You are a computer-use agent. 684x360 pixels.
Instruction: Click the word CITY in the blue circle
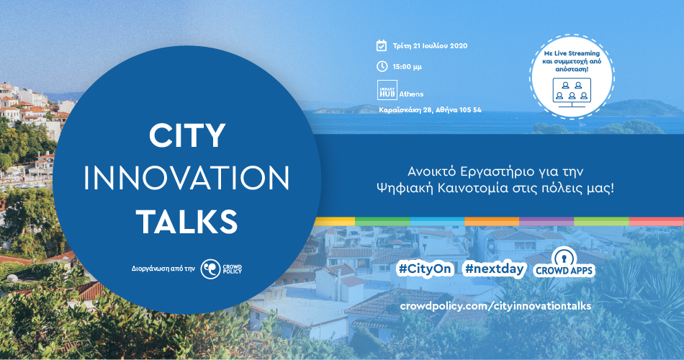pyautogui.click(x=187, y=135)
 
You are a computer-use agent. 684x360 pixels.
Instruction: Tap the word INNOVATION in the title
pyautogui.click(x=186, y=178)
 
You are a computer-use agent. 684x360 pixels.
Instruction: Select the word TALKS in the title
pyautogui.click(x=187, y=221)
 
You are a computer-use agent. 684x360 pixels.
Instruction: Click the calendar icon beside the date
pyautogui.click(x=382, y=45)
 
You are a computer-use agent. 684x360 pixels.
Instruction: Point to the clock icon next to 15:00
pyautogui.click(x=382, y=66)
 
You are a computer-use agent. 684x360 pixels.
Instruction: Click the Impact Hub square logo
pyautogui.click(x=387, y=90)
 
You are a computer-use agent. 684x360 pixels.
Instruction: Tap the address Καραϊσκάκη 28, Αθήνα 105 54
pyautogui.click(x=430, y=110)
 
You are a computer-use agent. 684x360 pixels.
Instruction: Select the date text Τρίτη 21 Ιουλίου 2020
pyautogui.click(x=430, y=46)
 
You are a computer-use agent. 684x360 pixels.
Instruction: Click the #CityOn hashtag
pyautogui.click(x=425, y=269)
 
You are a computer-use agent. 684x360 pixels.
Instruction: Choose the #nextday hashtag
pyautogui.click(x=494, y=269)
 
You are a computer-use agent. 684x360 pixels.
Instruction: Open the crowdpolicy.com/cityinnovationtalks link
pyautogui.click(x=495, y=306)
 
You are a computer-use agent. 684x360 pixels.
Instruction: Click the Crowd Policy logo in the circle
pyautogui.click(x=221, y=269)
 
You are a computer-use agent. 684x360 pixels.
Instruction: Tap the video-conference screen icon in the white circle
pyautogui.click(x=572, y=92)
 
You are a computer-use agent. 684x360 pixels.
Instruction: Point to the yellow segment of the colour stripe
pyautogui.click(x=335, y=221)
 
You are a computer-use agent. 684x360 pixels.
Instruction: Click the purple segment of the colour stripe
pyautogui.click(x=546, y=221)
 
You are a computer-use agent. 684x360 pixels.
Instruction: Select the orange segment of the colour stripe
pyautogui.click(x=492, y=221)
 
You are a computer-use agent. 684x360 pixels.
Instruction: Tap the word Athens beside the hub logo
pyautogui.click(x=411, y=94)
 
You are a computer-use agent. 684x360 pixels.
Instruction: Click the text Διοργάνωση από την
pyautogui.click(x=163, y=269)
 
